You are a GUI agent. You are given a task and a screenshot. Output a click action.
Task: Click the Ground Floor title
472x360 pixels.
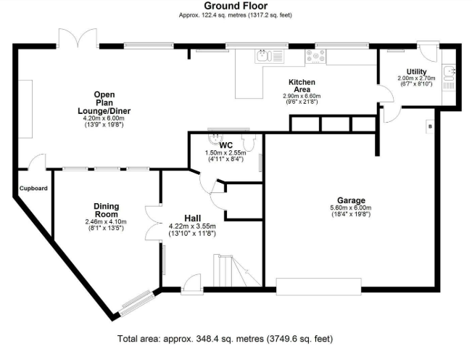(236, 6)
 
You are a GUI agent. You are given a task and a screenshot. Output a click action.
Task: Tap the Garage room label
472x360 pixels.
(351, 200)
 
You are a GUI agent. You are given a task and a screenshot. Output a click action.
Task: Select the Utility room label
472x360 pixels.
(416, 72)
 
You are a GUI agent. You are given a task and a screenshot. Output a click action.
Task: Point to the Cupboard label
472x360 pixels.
(33, 188)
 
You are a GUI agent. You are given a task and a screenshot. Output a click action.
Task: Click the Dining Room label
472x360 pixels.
(107, 210)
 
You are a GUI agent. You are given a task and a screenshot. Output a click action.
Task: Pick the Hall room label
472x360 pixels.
(192, 218)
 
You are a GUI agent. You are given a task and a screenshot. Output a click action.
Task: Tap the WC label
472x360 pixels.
(226, 145)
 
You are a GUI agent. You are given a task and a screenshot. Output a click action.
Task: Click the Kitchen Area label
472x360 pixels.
(302, 86)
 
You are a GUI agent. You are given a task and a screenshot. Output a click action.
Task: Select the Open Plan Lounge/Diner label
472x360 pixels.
(104, 103)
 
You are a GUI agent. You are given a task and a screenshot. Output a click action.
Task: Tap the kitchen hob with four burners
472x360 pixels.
(315, 57)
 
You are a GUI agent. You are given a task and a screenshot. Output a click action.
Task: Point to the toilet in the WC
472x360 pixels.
(249, 142)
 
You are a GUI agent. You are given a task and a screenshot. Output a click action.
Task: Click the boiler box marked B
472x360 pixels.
(430, 126)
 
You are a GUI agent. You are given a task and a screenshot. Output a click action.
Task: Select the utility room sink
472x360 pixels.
(450, 73)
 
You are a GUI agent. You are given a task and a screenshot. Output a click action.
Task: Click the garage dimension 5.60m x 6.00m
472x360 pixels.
(351, 208)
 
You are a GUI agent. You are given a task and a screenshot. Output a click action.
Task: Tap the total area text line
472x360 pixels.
(225, 339)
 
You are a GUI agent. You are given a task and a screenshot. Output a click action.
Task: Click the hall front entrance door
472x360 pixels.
(192, 284)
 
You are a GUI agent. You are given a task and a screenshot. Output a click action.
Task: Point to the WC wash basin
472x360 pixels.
(215, 139)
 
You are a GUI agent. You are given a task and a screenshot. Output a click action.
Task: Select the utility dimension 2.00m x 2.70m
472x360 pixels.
(417, 78)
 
